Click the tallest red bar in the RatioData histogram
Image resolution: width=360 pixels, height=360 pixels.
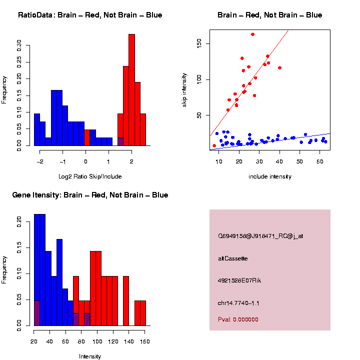point(131,90)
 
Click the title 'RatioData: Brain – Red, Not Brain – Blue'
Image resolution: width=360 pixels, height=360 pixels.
point(90,15)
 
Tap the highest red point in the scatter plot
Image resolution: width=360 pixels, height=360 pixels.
point(252,34)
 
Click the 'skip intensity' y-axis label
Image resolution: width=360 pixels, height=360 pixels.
point(184,89)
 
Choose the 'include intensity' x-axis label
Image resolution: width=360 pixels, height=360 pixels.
point(269,176)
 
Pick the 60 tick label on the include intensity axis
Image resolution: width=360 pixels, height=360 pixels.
point(319,161)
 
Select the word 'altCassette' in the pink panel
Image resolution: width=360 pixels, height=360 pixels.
point(233,258)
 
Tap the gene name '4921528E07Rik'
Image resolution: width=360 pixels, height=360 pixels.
point(239,280)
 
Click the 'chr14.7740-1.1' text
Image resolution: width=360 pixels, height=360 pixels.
point(238,303)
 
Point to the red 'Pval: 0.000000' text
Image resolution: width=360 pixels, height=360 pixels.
point(238,319)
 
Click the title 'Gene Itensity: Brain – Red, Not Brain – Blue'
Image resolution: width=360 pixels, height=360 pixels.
point(90,195)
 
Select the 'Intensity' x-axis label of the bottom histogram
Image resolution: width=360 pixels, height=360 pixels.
point(90,356)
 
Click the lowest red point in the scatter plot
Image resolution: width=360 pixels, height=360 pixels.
point(214,145)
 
